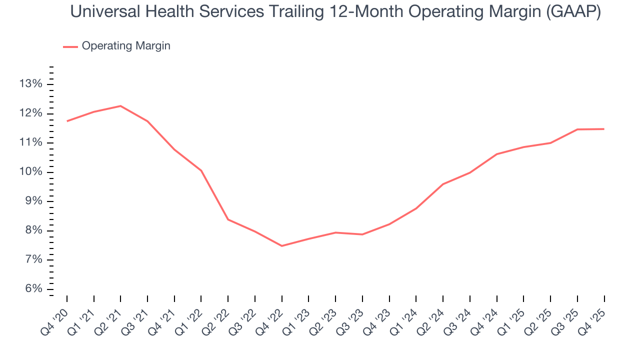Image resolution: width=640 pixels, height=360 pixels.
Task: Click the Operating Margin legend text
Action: pos(126,46)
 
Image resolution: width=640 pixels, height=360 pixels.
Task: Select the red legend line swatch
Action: pos(70,46)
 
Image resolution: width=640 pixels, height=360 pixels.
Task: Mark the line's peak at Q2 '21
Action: pos(120,106)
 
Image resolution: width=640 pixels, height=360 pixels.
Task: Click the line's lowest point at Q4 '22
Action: pos(282,246)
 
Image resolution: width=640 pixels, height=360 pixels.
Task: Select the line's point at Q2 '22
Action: pos(228,219)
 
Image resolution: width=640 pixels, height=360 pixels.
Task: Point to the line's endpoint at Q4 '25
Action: pos(604,129)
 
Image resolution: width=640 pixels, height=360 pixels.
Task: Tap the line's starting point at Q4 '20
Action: pos(67,121)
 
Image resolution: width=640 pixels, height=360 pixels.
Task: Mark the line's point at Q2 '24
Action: pos(443,184)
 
